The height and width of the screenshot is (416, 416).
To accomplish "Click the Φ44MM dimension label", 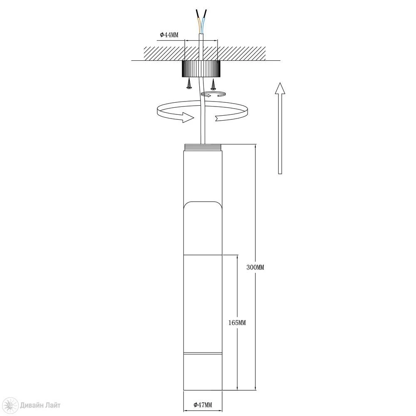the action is pos(169,35).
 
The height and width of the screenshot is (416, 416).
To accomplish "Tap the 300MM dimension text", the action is pos(255,267).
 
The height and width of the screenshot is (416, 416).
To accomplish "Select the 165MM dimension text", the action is pos(237,323).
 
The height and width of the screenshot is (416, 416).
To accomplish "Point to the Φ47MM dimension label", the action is pos(203,405).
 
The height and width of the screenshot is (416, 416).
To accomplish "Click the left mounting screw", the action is pos(189,84).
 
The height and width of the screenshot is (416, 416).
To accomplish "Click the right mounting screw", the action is pos(213,84).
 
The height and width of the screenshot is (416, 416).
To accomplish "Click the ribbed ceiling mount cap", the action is pos(201,69).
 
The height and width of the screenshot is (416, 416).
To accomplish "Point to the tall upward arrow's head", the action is pos(280,88).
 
